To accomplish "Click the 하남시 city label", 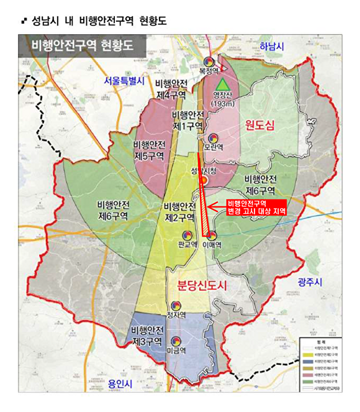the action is coord(271,47).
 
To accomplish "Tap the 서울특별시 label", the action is coord(124,81).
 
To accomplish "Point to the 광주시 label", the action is coord(310,283).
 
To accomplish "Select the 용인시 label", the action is coord(120,384).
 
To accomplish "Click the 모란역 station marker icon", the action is coord(213,138).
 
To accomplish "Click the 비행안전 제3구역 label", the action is coord(147,336).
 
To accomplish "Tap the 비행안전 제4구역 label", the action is coord(171,89).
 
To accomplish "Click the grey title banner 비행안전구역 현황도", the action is coord(83,47).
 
